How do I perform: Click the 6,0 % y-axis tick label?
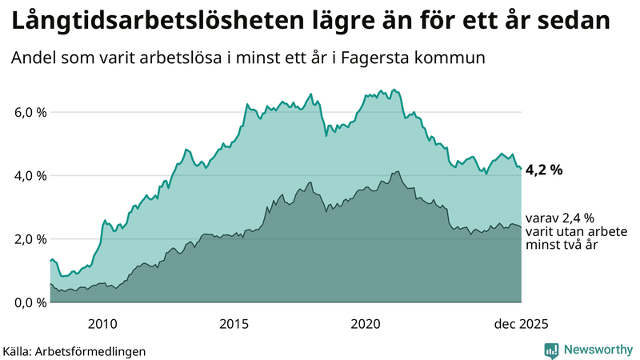click(x=30, y=112)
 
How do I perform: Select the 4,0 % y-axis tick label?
click(x=30, y=175)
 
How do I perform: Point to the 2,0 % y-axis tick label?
click(x=30, y=239)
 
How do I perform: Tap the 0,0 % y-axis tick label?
click(x=30, y=302)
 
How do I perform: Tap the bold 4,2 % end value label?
click(x=544, y=170)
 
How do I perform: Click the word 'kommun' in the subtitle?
click(x=452, y=58)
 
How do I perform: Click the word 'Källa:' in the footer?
click(x=22, y=350)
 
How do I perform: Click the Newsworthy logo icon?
click(x=552, y=350)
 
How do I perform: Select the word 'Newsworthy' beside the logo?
click(x=597, y=350)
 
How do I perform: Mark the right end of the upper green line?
click(x=522, y=169)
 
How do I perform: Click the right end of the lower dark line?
click(x=522, y=227)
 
